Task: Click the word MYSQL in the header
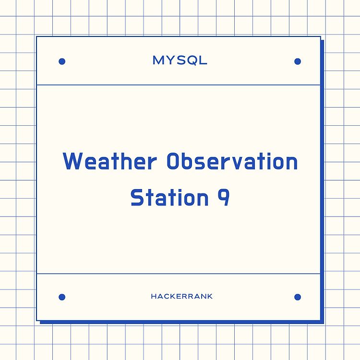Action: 180,60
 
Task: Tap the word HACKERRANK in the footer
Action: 181,297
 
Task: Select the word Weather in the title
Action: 110,161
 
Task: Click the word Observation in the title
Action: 232,161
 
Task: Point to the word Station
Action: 169,197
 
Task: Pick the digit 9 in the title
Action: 223,197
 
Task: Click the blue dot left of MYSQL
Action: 62,61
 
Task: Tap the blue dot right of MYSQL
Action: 298,61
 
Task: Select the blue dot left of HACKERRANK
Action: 62,297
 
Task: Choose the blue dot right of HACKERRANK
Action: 298,297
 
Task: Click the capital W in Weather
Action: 72,161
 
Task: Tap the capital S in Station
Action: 137,197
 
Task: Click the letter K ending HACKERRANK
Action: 210,297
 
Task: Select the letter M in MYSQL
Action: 158,60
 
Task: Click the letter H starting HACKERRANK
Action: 154,297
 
